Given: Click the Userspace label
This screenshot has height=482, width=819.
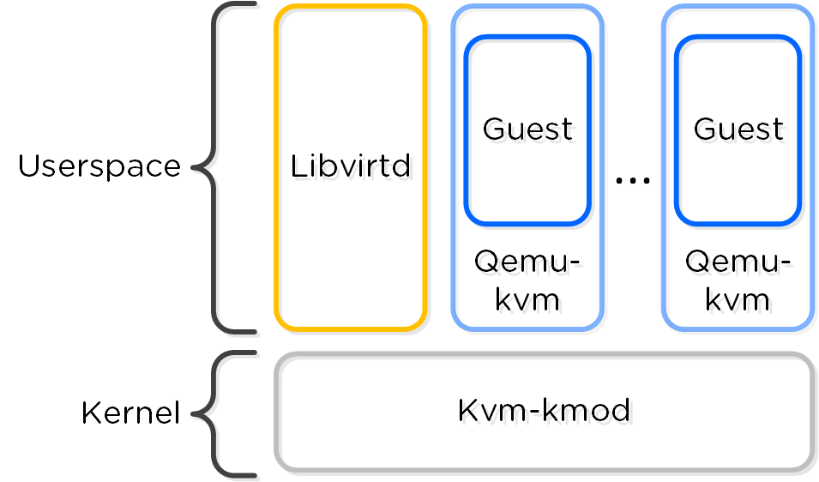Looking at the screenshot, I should [x=99, y=166].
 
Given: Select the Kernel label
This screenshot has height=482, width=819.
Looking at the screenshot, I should [x=130, y=413].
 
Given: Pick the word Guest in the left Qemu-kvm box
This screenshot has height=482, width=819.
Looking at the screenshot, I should [x=527, y=129].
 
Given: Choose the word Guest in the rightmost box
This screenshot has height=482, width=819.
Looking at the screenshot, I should [x=738, y=129].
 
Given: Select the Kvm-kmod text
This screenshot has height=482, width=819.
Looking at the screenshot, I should [x=544, y=411].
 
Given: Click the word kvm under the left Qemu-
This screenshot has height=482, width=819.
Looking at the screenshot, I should [x=527, y=299].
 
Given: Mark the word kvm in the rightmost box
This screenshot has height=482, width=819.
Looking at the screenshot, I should [x=738, y=299].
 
